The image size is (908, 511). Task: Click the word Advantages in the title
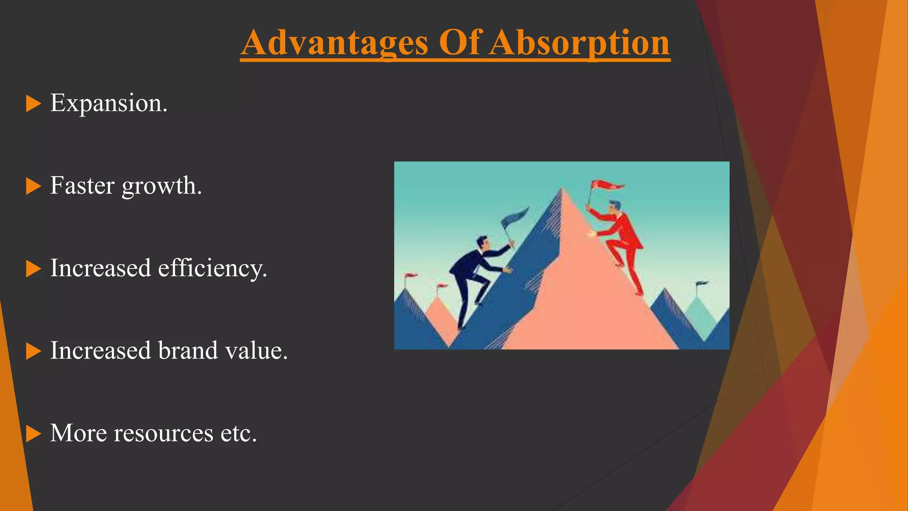335,43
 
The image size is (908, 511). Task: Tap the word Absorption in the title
579,43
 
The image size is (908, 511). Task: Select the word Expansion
109,104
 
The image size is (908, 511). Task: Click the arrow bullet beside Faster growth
33,186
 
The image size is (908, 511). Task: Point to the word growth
162,186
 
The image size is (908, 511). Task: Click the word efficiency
212,269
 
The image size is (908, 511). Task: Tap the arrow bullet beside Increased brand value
33,351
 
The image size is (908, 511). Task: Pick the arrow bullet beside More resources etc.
33,434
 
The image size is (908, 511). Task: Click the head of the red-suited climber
614,207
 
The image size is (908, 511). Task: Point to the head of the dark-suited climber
482,242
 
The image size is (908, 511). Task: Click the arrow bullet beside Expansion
33,104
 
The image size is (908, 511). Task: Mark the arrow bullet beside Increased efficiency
33,269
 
